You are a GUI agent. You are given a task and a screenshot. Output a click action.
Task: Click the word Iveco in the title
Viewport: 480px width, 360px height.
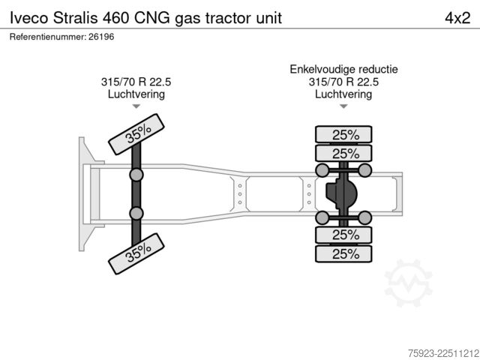pos(29,18)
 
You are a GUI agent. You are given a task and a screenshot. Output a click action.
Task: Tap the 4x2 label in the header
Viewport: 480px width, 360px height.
pos(457,18)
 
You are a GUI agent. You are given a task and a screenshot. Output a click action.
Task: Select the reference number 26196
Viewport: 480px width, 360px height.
pos(101,37)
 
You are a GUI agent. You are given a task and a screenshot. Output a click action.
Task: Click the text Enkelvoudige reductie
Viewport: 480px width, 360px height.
pos(343,69)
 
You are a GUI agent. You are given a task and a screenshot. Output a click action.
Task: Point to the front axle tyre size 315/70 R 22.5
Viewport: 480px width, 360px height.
pos(136,82)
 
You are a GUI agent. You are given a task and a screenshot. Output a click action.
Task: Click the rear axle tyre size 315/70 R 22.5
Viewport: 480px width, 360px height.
pos(343,82)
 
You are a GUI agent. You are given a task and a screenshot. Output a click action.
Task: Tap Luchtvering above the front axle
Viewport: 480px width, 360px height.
pos(136,94)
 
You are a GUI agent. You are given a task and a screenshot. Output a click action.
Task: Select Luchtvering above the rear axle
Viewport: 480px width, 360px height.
pos(343,94)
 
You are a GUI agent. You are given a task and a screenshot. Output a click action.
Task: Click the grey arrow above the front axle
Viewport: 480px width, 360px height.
pos(136,106)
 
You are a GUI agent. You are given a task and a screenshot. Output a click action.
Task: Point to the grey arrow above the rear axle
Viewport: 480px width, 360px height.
pos(343,106)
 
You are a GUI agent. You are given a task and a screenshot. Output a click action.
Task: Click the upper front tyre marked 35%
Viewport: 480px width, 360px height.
pos(136,134)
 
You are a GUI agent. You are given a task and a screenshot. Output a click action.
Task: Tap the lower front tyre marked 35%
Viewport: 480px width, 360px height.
pos(136,253)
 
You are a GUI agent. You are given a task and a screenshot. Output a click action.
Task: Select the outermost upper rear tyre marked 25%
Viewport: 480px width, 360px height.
pos(343,134)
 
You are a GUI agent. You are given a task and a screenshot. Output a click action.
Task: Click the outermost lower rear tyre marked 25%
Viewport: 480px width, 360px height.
pos(343,253)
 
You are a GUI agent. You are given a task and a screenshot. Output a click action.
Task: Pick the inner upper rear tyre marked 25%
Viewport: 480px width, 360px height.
pos(343,153)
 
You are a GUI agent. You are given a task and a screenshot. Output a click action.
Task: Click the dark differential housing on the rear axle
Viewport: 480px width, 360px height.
pos(341,193)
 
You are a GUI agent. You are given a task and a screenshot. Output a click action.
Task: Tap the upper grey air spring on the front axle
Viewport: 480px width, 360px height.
pos(136,175)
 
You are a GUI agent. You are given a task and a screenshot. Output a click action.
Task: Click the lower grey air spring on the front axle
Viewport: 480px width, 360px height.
pos(136,213)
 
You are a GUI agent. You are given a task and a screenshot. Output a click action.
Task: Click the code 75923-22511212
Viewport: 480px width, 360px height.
pos(444,353)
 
